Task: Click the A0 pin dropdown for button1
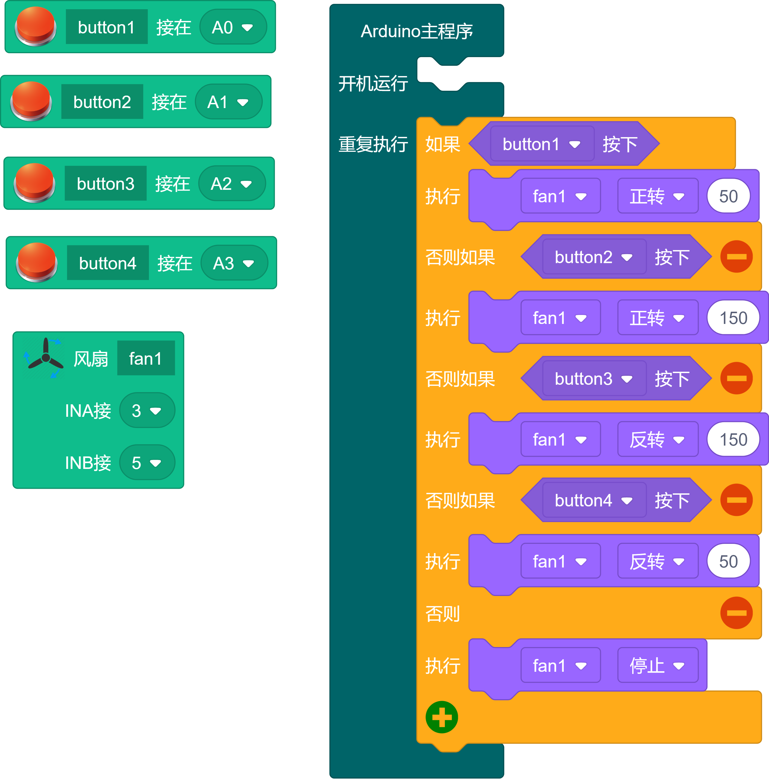coord(233,27)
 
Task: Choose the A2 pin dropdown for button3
coord(232,184)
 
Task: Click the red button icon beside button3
coord(34,183)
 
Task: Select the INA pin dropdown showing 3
coord(147,411)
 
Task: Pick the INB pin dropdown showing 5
coord(147,462)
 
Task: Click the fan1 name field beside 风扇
coord(145,358)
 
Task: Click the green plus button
coord(442,717)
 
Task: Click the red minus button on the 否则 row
coord(736,613)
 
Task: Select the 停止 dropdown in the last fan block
coord(657,665)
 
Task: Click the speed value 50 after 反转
coord(728,561)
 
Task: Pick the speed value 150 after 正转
coord(733,318)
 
